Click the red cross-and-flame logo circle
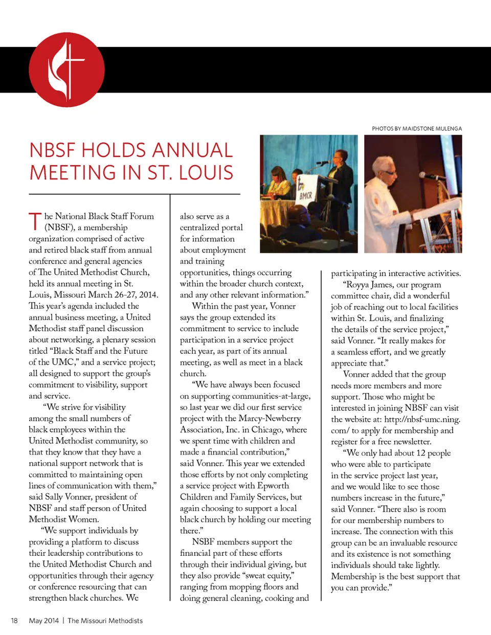[66, 70]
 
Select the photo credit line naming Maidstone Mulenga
[416, 129]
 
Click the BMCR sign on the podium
[305, 195]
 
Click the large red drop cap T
[35, 221]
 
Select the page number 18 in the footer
[14, 621]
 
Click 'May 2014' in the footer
[44, 621]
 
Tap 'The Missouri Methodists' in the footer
[105, 621]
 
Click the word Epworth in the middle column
[273, 486]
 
